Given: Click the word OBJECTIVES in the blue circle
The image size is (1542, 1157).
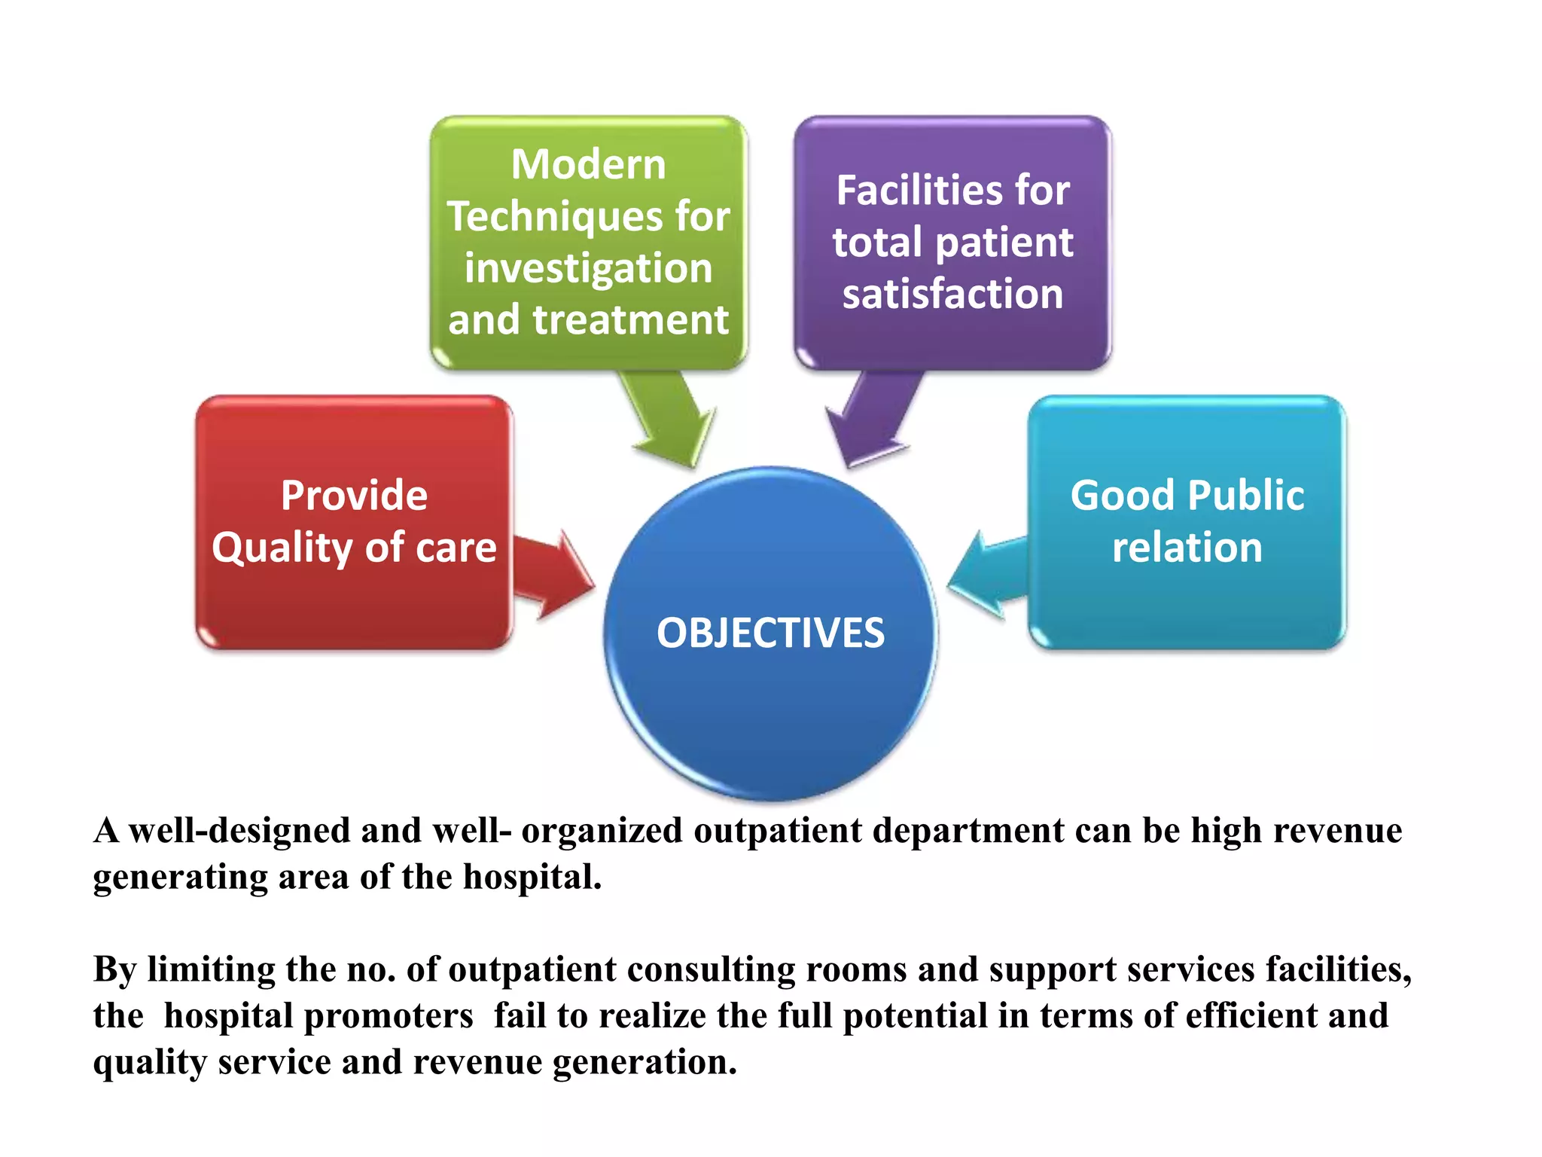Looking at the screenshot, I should pos(770,633).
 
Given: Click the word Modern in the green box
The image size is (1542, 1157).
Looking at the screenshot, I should pos(588,164).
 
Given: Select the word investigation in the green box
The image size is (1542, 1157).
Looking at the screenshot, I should pos(588,269).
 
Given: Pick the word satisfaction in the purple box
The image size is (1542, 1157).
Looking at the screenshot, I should pos(952,294).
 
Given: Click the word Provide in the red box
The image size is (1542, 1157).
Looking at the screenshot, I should pos(354,496).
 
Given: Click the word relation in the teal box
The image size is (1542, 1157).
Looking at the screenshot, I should pos(1187,548).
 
